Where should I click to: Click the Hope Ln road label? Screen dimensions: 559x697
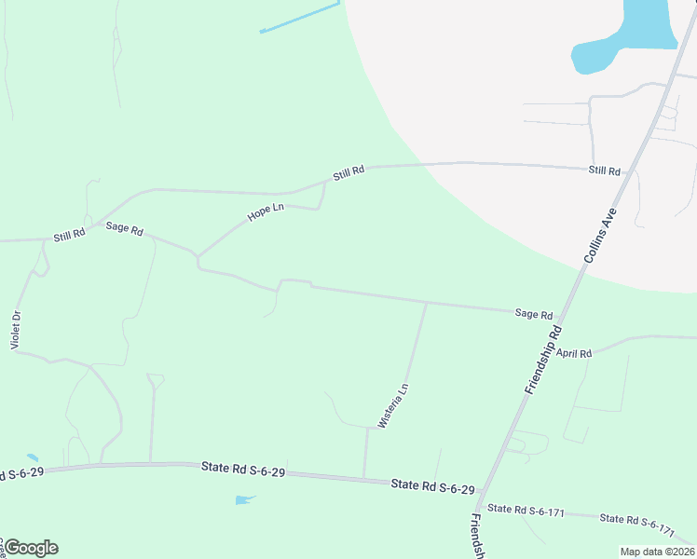266,212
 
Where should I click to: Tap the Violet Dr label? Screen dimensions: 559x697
15,330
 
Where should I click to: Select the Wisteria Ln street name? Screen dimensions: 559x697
392,405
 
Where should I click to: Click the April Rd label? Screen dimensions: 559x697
574,353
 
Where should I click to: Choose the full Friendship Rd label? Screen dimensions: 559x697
543,359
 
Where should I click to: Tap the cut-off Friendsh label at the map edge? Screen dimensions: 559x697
477,535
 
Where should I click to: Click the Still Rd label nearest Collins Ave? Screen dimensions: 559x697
604,170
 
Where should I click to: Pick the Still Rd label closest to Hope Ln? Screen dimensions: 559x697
348,172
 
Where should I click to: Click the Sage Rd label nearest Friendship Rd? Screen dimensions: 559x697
534,315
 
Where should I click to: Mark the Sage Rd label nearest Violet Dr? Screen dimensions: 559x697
124,227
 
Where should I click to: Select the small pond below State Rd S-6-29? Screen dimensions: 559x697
244,500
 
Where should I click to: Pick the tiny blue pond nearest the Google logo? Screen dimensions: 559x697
34,458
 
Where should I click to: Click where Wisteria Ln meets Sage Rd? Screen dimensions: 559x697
426,303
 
